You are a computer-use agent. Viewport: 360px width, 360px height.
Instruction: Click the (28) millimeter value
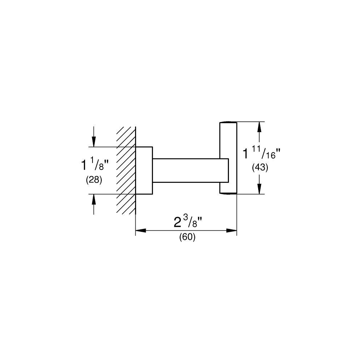point(94,180)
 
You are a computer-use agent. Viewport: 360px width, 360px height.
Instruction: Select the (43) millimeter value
point(260,168)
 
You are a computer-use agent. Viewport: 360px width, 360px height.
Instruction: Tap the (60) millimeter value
point(187,237)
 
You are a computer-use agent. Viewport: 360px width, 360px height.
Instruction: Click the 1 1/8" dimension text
point(95,165)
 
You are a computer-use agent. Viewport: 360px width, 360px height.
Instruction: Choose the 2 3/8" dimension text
point(188,222)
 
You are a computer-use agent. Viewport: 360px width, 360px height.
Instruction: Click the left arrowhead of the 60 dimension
point(141,230)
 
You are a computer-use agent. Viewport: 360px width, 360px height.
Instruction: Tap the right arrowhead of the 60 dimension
point(231,230)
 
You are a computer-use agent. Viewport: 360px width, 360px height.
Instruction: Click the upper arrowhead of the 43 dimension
point(260,127)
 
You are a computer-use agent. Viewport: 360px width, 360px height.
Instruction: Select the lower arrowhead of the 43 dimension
point(260,189)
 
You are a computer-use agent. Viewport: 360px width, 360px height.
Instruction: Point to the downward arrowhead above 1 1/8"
point(94,141)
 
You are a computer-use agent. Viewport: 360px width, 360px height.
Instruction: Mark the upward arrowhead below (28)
point(94,199)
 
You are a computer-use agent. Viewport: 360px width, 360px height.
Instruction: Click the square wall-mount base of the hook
point(144,170)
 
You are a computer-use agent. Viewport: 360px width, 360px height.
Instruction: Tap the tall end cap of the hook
point(228,158)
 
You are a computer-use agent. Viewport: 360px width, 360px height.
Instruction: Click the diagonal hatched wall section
point(126,170)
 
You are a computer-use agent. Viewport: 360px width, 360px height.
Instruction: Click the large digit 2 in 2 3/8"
point(177,222)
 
